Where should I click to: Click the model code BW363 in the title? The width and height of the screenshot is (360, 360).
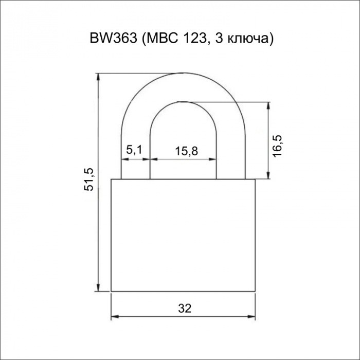click(x=113, y=39)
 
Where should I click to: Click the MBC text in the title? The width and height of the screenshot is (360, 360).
click(x=163, y=39)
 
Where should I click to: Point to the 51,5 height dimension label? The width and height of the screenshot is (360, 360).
click(x=88, y=180)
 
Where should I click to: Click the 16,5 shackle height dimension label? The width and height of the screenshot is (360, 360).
click(x=277, y=146)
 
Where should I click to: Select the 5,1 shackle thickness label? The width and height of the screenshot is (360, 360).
click(x=134, y=150)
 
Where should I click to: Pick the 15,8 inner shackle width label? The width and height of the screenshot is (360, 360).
click(x=186, y=151)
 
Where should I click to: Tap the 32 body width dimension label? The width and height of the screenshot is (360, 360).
click(x=185, y=309)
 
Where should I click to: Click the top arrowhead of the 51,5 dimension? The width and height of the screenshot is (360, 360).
click(x=98, y=77)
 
